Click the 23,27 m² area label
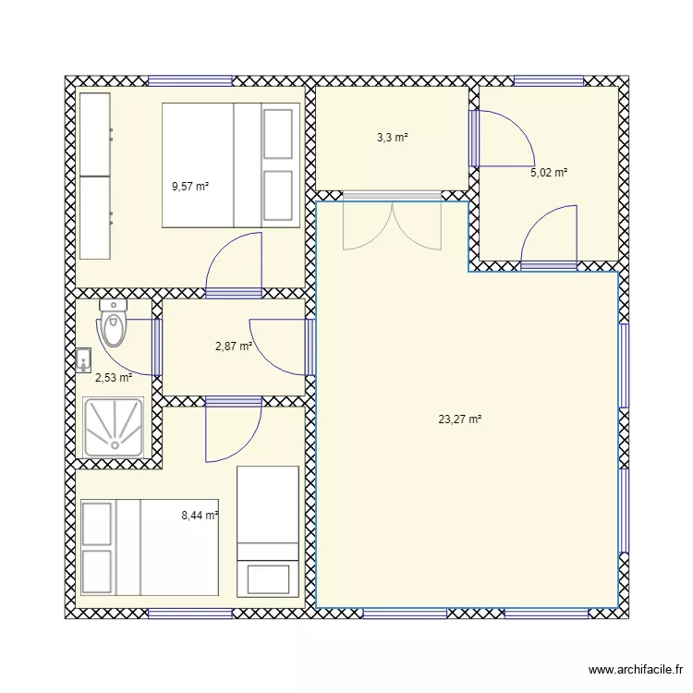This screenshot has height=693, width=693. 460,419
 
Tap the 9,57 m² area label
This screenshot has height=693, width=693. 190,186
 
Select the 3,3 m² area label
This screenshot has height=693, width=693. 392,138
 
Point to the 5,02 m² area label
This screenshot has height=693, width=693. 548,172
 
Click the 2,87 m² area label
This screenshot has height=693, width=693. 234,346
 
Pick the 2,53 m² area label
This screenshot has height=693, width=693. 114,377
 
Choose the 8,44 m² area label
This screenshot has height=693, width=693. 200,516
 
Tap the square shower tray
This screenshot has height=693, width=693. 114,428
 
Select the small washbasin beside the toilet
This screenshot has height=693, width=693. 84,359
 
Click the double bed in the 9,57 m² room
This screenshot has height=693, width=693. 231,164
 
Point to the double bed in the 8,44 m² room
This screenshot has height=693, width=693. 150,548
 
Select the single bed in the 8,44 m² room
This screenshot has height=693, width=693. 268,530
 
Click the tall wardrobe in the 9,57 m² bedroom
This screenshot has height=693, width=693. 94,176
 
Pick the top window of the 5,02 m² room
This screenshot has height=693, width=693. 549,80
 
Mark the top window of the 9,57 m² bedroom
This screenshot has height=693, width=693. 190,80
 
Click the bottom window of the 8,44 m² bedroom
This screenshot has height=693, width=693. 190,613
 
